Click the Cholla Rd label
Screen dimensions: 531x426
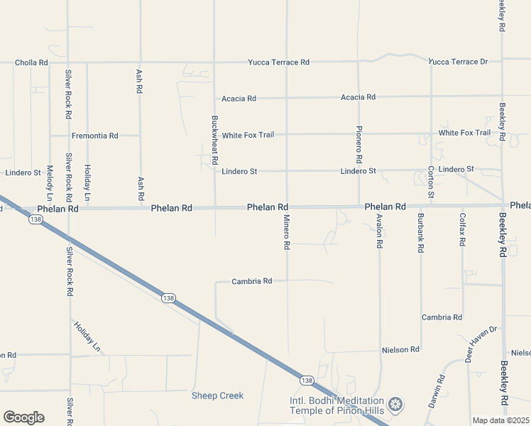click(x=31, y=62)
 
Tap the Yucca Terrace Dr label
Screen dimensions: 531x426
click(x=458, y=62)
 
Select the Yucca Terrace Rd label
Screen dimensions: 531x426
click(x=278, y=62)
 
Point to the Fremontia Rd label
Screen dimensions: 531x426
click(x=94, y=135)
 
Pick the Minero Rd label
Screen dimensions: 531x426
click(x=287, y=232)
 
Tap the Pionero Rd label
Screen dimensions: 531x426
click(x=359, y=141)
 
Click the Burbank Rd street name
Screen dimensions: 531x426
click(x=421, y=233)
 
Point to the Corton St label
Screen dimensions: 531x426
click(x=431, y=182)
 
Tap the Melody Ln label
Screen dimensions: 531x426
click(x=50, y=182)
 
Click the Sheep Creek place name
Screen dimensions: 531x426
click(x=217, y=395)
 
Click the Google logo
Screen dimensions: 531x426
click(x=23, y=417)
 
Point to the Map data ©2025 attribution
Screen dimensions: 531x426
click(x=500, y=420)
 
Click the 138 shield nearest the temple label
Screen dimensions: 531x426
click(x=307, y=381)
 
